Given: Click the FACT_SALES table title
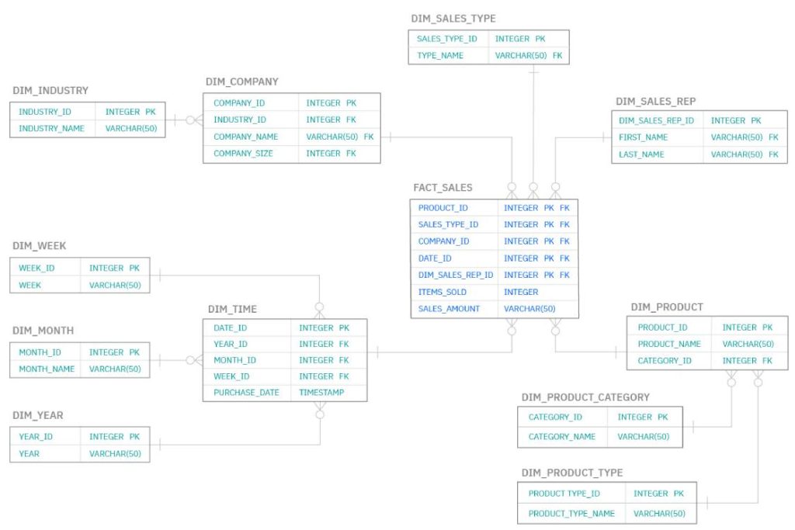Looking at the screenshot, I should tap(443, 188).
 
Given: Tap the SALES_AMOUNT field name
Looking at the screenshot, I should tap(449, 309).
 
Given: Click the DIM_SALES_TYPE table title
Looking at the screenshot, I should tap(453, 19).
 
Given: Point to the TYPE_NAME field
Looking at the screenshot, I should tap(439, 56).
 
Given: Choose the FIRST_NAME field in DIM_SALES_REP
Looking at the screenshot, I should tap(643, 137).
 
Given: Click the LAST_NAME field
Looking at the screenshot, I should tap(641, 154).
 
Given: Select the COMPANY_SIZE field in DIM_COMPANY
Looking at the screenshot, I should tap(243, 154).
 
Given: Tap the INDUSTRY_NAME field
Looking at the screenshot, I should tap(51, 129).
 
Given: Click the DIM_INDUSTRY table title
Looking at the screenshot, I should tap(50, 91).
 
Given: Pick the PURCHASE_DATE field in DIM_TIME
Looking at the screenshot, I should tap(246, 393).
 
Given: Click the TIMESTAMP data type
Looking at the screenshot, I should tap(321, 393).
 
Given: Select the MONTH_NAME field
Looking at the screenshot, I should tap(47, 369).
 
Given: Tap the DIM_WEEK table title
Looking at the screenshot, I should tap(40, 246).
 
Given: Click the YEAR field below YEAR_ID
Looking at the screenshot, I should tap(29, 454).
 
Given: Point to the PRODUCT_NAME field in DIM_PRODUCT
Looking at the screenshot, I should tap(669, 344).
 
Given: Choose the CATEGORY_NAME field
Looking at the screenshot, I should tap(562, 437).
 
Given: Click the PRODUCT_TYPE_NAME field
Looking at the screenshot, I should tap(571, 514).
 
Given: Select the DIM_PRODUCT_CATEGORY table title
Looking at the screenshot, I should tap(585, 397).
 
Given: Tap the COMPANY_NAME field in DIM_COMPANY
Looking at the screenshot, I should tap(245, 137).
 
